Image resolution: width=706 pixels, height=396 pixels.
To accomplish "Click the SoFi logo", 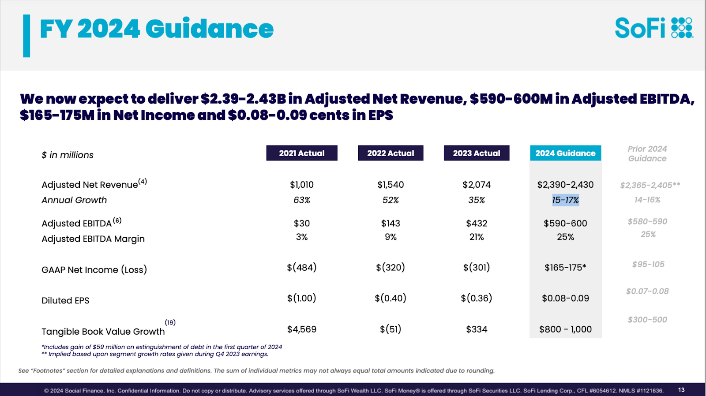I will (653, 28).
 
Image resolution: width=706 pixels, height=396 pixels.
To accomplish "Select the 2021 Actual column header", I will (302, 153).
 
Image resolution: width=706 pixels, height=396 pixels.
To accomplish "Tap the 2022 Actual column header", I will (391, 153).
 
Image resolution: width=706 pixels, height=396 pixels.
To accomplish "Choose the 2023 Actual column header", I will (477, 153).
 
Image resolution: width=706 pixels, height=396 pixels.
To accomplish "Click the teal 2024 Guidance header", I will (565, 153).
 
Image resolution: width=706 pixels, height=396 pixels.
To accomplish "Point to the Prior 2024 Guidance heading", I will (647, 153).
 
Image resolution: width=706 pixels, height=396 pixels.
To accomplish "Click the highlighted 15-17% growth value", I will (565, 200).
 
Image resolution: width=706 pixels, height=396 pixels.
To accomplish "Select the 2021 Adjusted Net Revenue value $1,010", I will (302, 185).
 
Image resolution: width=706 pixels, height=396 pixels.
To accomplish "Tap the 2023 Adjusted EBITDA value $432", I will (477, 224).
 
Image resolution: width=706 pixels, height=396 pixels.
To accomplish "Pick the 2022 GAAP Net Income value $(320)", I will (391, 267).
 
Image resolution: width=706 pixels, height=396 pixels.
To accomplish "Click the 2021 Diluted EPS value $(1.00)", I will (302, 298).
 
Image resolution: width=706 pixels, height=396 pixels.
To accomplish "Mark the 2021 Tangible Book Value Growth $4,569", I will (302, 329).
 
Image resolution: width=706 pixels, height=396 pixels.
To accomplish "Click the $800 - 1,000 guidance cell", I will (565, 329).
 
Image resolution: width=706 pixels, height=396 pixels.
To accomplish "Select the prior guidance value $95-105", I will (648, 265).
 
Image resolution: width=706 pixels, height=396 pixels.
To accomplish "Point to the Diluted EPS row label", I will (65, 301).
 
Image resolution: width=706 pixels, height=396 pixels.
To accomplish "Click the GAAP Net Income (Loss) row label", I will (94, 270).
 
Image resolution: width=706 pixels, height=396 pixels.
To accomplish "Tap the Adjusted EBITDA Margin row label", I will (93, 239).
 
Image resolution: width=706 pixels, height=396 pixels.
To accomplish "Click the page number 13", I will (681, 390).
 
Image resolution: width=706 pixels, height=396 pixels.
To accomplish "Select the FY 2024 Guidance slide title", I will (157, 29).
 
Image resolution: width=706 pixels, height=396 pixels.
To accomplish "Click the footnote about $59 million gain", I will (162, 347).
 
